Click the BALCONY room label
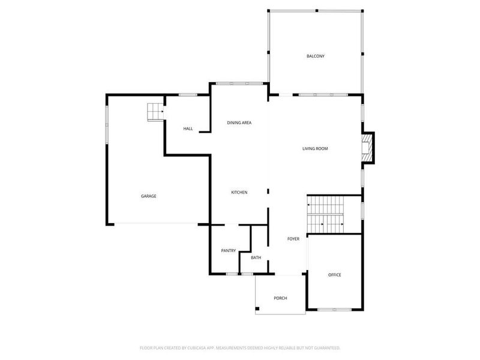(315, 56)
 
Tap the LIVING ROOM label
(315, 149)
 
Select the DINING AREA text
(239, 122)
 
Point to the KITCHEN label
(239, 192)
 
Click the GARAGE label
(149, 196)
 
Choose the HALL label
(188, 129)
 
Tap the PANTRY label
(228, 251)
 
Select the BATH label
(256, 258)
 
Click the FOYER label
(293, 239)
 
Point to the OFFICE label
(334, 275)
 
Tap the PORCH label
(280, 298)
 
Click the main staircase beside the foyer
(326, 215)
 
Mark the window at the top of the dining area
(239, 83)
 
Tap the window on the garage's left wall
(107, 124)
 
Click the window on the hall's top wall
(188, 94)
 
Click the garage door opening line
(158, 224)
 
